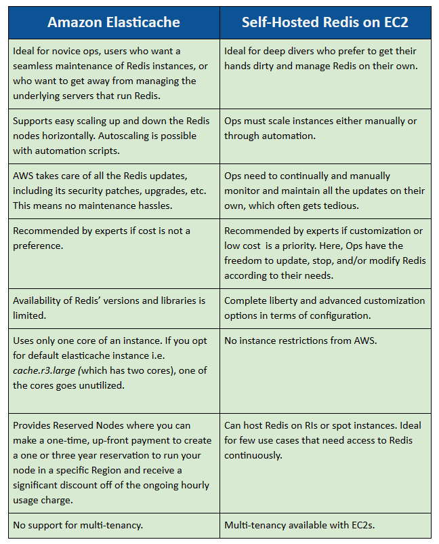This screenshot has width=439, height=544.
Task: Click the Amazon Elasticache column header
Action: pos(114,22)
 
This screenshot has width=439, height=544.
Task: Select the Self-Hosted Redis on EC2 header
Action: pos(325,22)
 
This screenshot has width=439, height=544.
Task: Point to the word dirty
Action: pos(264,66)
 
